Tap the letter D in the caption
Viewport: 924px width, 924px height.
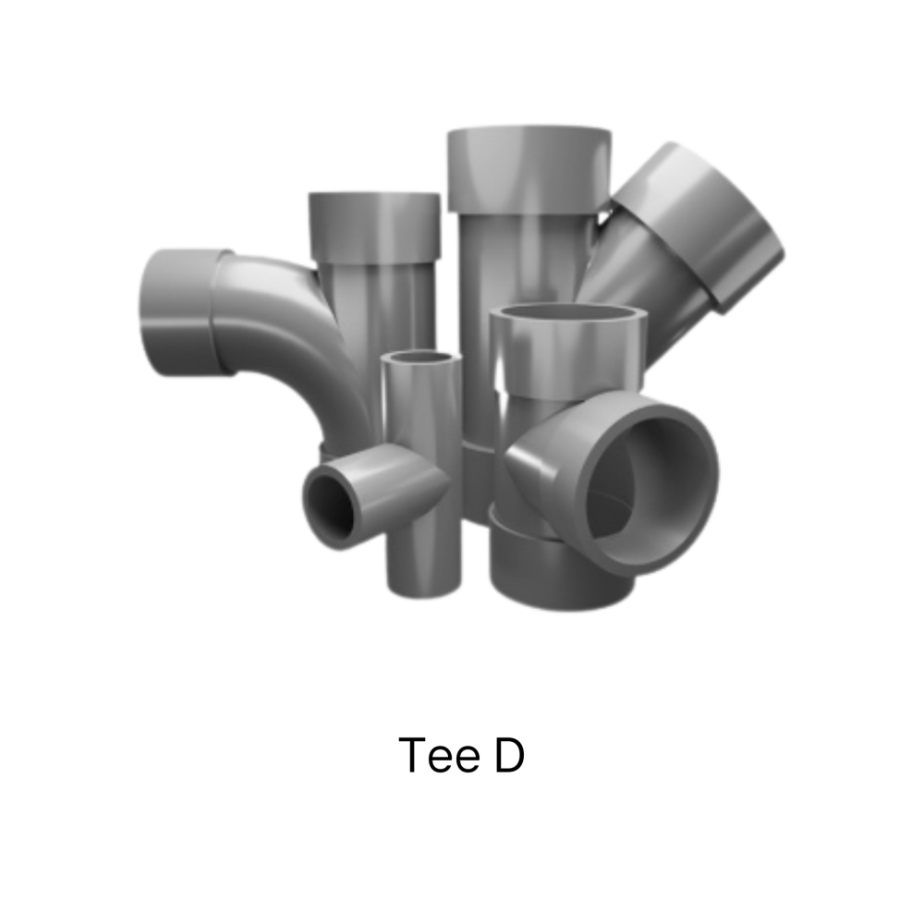pos(509,755)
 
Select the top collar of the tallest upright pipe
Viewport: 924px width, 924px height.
pos(529,169)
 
